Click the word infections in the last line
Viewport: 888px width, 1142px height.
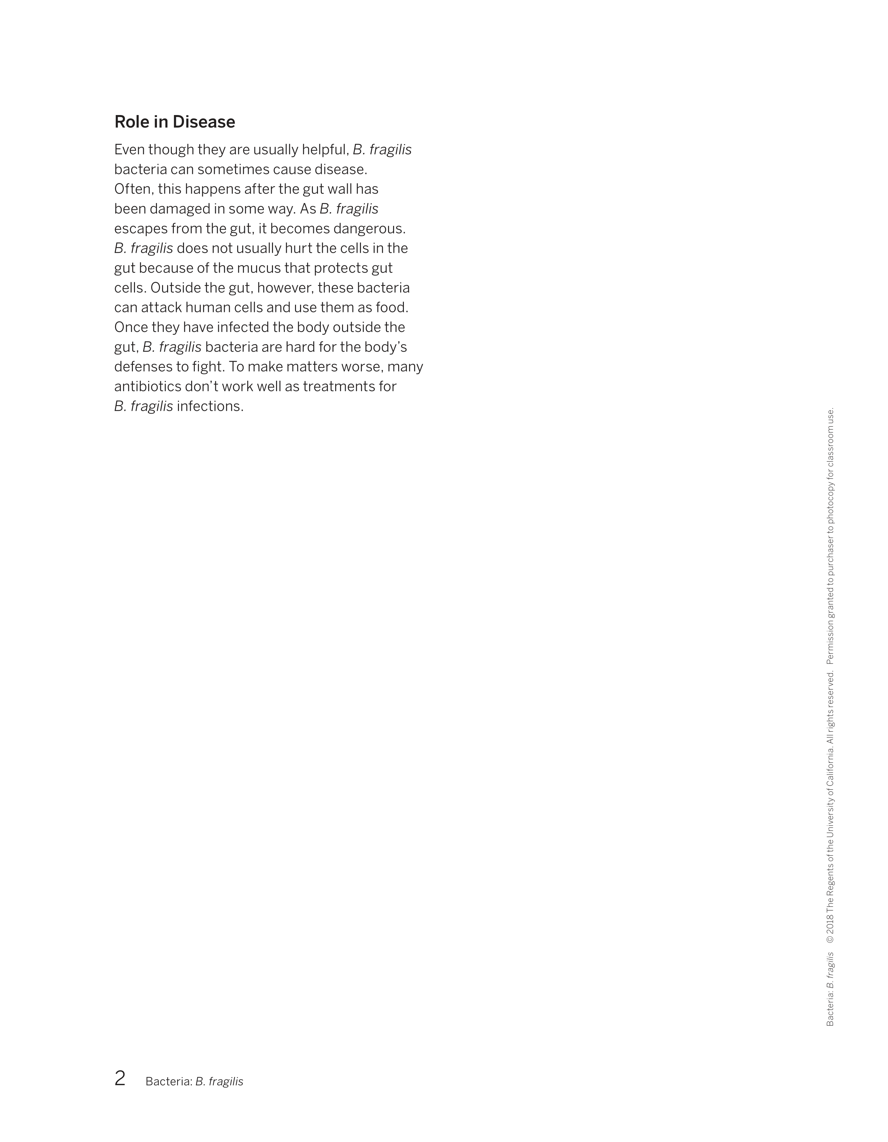coord(210,406)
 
